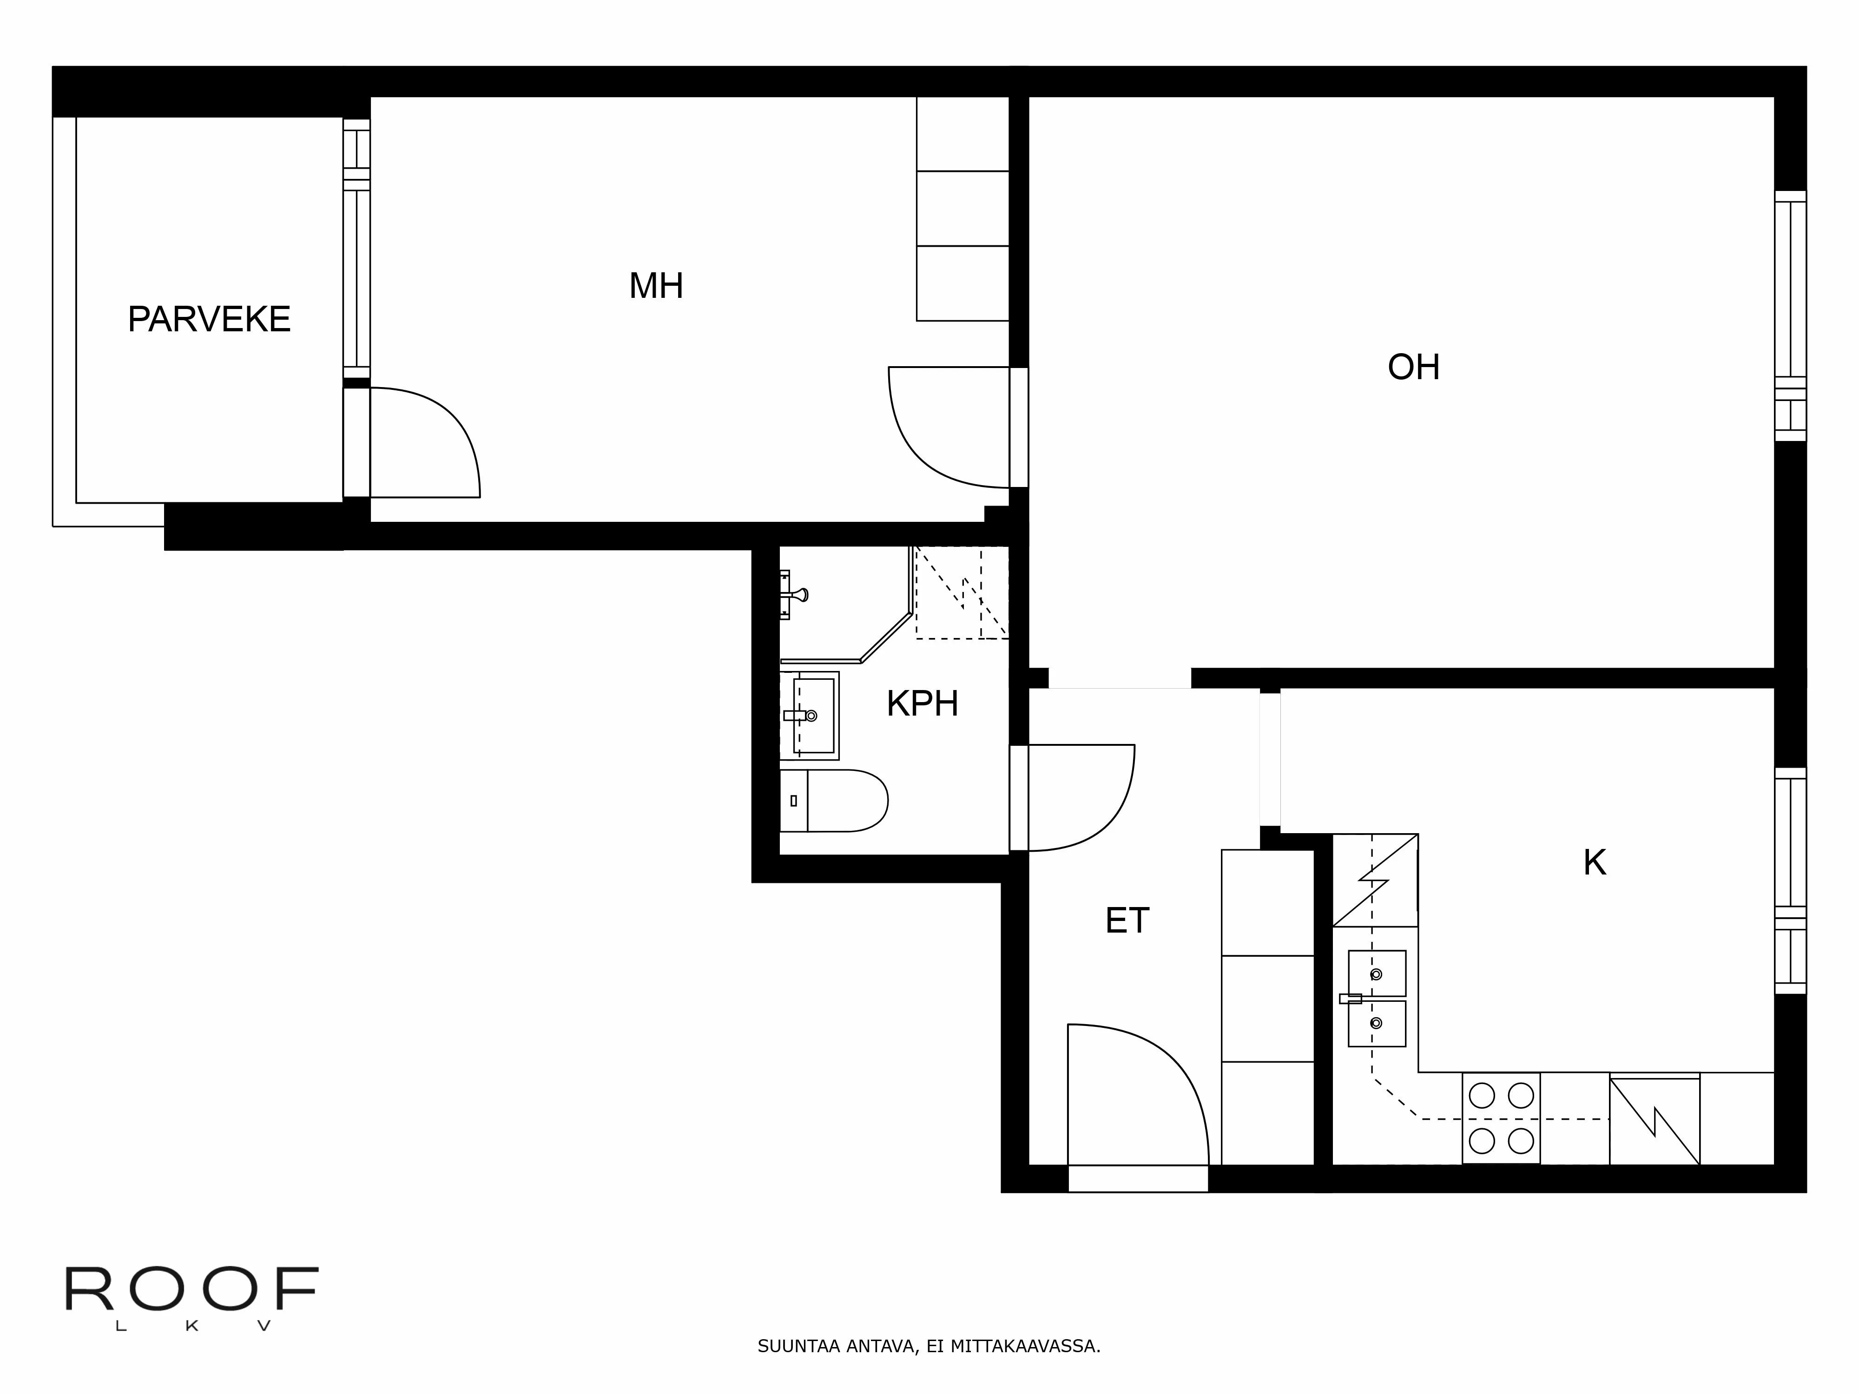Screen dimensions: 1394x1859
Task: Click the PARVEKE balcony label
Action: coord(208,319)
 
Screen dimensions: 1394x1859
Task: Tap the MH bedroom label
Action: coord(655,286)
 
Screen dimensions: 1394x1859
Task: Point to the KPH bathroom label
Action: coord(922,704)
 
